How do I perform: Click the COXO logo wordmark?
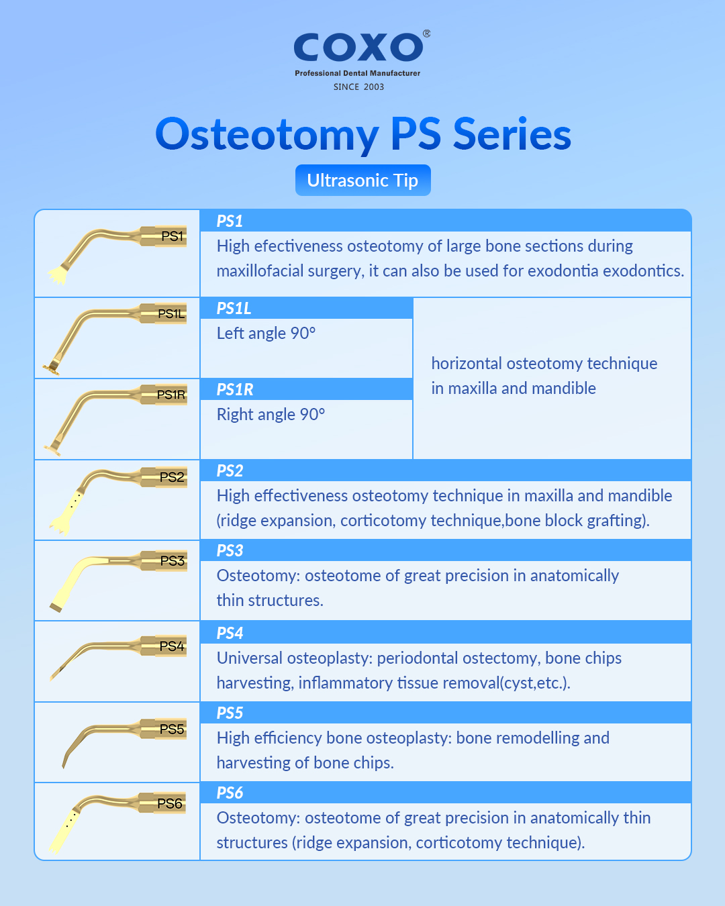[358, 47]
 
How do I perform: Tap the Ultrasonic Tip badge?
[362, 180]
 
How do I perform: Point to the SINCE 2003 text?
[358, 87]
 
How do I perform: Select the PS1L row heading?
[234, 309]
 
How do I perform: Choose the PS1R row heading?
[235, 390]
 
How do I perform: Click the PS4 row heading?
[230, 633]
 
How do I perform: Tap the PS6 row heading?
[230, 793]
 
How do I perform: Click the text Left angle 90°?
[266, 334]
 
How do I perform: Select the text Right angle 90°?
[271, 415]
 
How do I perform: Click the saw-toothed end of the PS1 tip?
[58, 275]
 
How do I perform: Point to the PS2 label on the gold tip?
[172, 477]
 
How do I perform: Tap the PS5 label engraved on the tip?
[172, 729]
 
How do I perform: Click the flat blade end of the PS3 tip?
[56, 607]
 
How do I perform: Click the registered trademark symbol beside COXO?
[426, 34]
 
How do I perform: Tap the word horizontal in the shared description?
[467, 364]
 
